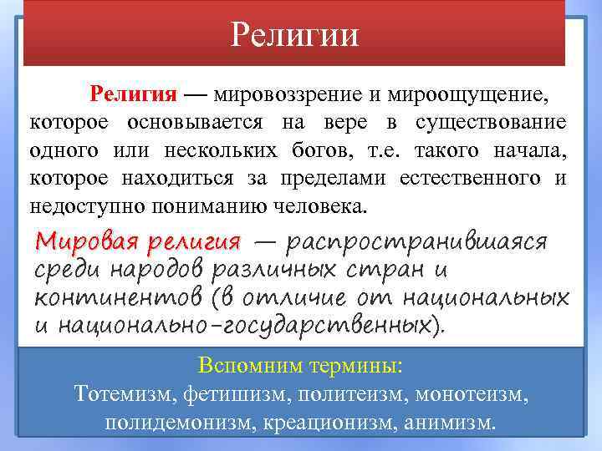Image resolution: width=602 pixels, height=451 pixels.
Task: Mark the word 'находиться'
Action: pyautogui.click(x=186, y=178)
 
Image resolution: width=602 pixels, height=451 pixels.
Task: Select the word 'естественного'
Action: pyautogui.click(x=472, y=178)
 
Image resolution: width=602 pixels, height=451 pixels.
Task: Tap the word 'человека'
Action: pyautogui.click(x=320, y=205)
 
